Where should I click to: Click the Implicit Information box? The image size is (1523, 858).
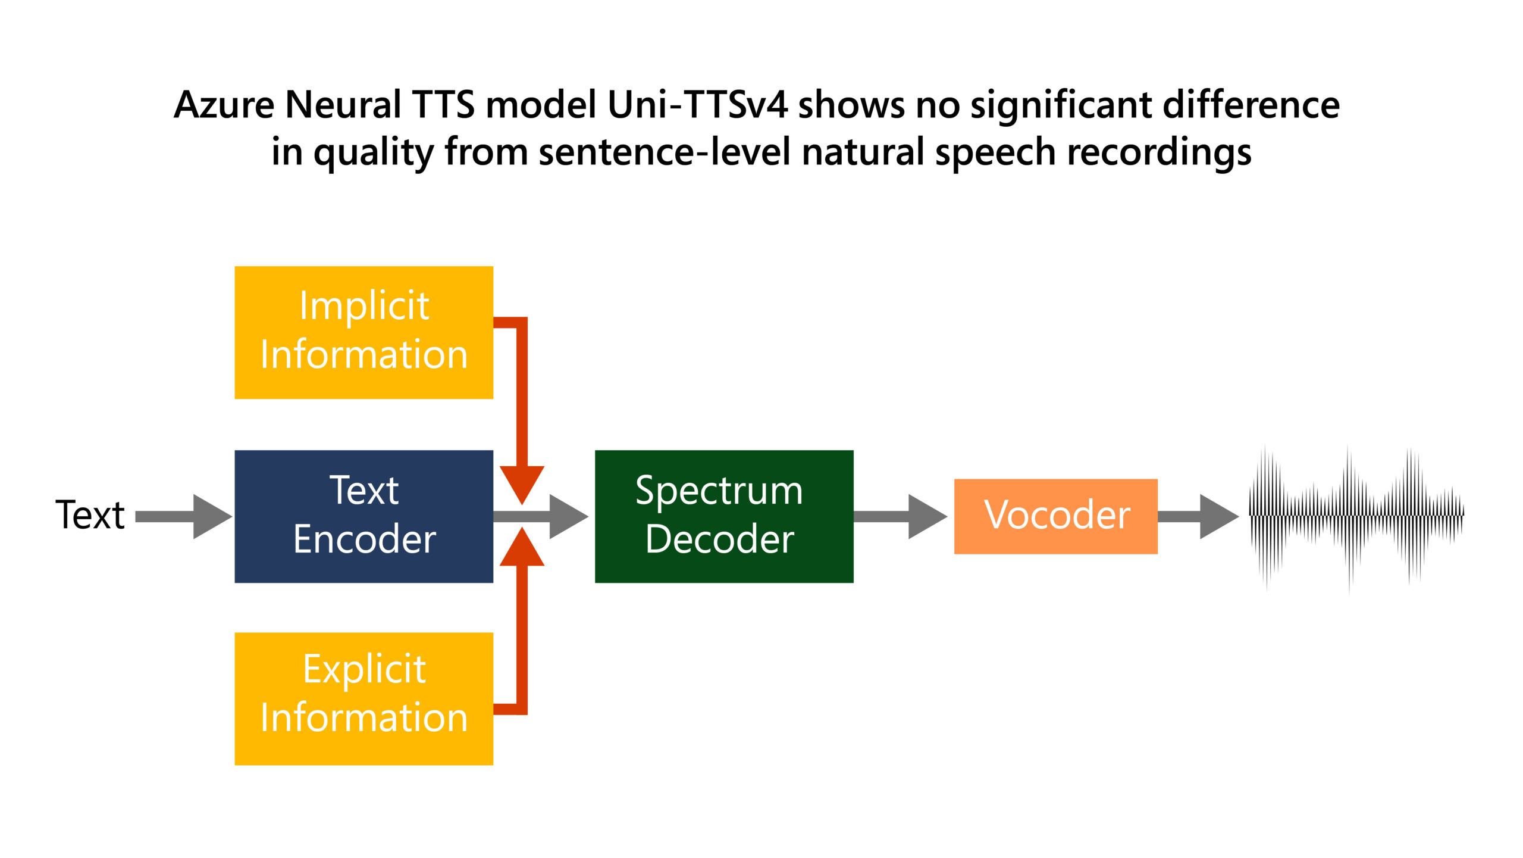pyautogui.click(x=363, y=332)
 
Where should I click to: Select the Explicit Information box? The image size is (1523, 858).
pyautogui.click(x=363, y=698)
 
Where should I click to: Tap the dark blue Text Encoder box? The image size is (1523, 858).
pyautogui.click(x=363, y=516)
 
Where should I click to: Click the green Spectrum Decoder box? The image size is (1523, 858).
pyautogui.click(x=724, y=516)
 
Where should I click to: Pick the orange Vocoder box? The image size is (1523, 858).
pyautogui.click(x=1055, y=516)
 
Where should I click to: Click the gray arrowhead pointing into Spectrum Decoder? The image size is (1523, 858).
pyautogui.click(x=567, y=516)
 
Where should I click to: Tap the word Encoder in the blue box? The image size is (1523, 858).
pyautogui.click(x=364, y=539)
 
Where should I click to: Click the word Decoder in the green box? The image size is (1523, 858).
pyautogui.click(x=719, y=539)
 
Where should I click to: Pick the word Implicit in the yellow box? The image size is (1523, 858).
pyautogui.click(x=364, y=307)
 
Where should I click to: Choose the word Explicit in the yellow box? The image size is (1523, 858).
pyautogui.click(x=364, y=669)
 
